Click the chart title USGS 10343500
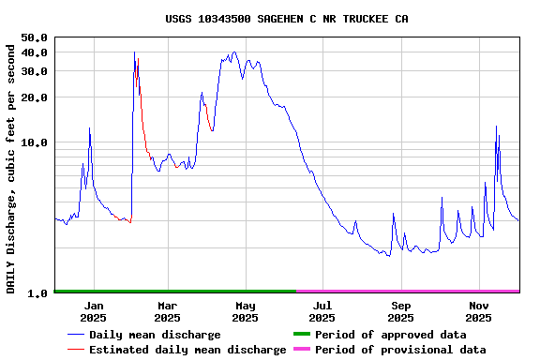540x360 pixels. [x=286, y=19]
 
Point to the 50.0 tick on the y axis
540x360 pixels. [x=34, y=37]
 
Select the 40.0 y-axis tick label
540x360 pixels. [x=34, y=52]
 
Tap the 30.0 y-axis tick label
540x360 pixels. [x=34, y=71]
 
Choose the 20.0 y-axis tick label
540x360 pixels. [x=34, y=97]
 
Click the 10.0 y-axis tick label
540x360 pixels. [x=34, y=142]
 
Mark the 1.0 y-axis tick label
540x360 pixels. [x=37, y=293]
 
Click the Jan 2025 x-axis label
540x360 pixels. [x=94, y=311]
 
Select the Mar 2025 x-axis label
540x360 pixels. [x=167, y=311]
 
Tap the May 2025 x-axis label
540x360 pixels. [x=245, y=311]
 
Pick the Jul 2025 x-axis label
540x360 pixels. [x=322, y=311]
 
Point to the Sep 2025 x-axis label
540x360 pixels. [x=400, y=311]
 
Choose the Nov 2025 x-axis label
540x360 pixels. [x=478, y=311]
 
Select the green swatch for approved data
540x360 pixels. [x=301, y=335]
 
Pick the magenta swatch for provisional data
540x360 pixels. [x=301, y=350]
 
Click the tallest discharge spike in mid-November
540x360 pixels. [x=496, y=127]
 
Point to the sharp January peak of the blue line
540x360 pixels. [x=89, y=128]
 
